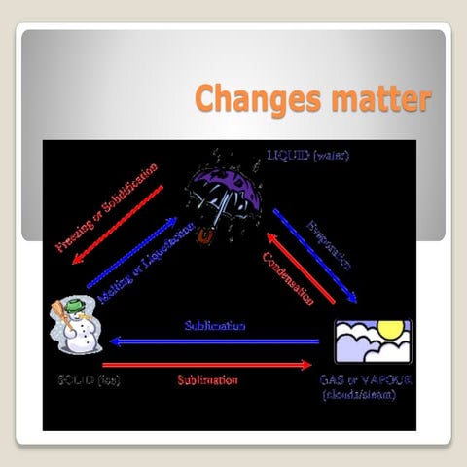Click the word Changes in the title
coord(252,100)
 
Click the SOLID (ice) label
coord(87,379)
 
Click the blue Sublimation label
coord(215,325)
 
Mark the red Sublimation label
coord(207,379)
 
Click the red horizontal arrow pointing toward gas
coord(214,365)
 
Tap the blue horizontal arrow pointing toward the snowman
coord(214,341)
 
